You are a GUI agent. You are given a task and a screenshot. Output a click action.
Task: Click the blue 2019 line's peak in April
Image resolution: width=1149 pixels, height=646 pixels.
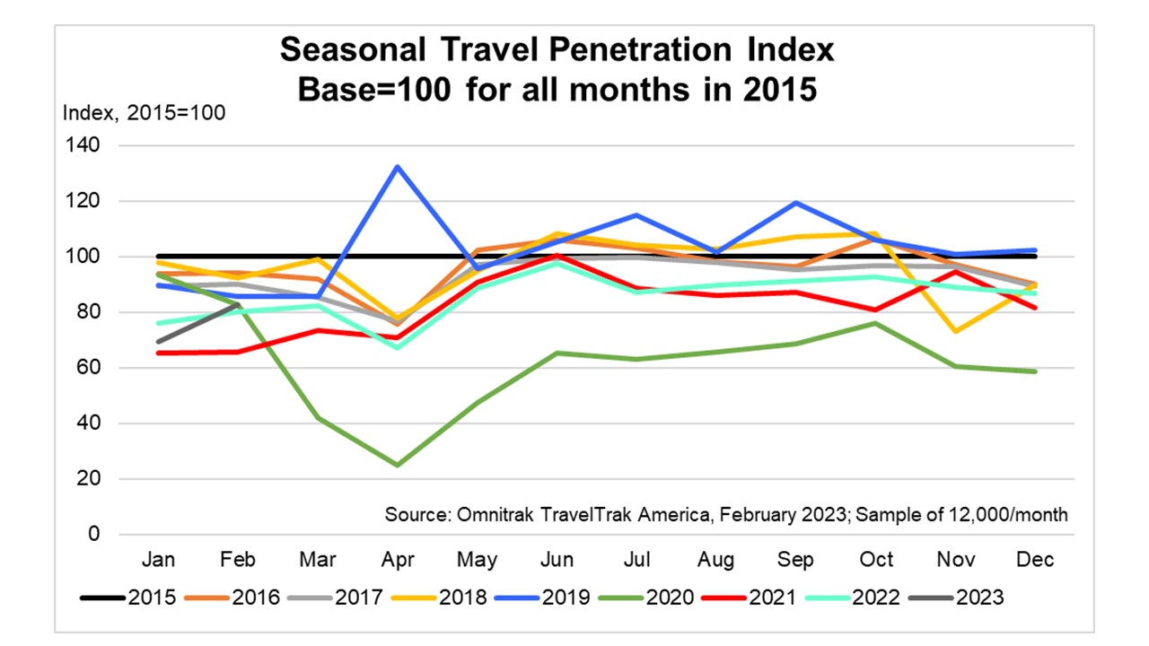click(x=398, y=167)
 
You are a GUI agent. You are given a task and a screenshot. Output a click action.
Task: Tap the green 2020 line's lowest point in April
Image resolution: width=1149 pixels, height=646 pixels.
click(x=398, y=465)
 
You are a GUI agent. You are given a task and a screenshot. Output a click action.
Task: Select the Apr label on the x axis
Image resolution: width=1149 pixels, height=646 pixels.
click(x=398, y=560)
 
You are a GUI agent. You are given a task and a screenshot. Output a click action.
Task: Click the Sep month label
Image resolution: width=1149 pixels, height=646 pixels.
click(x=796, y=560)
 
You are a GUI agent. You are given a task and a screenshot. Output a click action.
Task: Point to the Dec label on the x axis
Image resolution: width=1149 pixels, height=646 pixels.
click(x=1035, y=560)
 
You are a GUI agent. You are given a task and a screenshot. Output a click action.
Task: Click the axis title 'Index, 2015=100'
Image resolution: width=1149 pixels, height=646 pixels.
click(x=143, y=114)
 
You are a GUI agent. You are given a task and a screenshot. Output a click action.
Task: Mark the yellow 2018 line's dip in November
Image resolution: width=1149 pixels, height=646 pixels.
click(x=956, y=331)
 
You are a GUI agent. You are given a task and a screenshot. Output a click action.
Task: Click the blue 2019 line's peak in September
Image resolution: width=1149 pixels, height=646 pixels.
click(x=796, y=203)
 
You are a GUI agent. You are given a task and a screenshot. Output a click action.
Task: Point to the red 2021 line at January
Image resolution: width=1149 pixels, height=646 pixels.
click(x=159, y=353)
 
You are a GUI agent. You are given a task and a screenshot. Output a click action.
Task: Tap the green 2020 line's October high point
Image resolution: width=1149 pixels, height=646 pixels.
click(x=876, y=323)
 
